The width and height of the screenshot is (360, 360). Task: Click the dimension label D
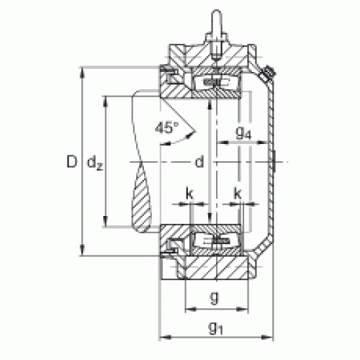(x=72, y=161)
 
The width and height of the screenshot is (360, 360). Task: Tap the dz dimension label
(x=95, y=163)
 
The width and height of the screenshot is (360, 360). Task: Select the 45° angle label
(x=167, y=127)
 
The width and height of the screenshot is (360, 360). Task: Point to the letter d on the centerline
(x=199, y=161)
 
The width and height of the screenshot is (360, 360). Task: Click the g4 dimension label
(x=243, y=132)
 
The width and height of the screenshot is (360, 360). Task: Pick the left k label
(x=189, y=193)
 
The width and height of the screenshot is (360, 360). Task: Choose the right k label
(x=238, y=193)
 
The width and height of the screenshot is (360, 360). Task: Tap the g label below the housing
(x=215, y=297)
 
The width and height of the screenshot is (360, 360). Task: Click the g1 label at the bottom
(x=216, y=328)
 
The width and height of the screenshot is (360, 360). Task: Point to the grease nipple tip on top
(x=217, y=12)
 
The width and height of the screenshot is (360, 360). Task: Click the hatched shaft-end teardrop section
(x=142, y=197)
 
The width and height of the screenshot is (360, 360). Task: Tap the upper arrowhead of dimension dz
(x=105, y=102)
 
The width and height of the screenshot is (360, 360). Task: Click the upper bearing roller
(x=216, y=82)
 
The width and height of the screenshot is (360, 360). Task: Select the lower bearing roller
(x=216, y=241)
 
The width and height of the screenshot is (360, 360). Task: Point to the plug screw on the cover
(x=269, y=73)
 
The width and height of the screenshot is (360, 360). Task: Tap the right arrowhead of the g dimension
(x=243, y=309)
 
